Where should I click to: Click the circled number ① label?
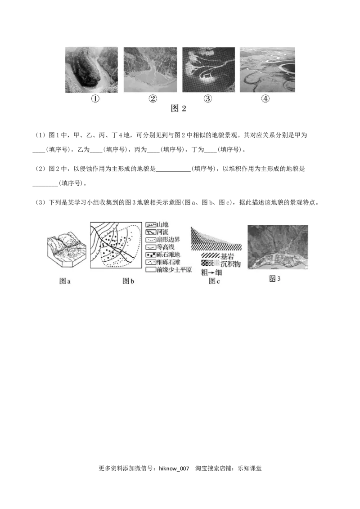(95, 99)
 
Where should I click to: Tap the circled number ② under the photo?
(153, 99)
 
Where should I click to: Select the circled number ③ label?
(208, 99)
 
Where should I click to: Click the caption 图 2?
(179, 108)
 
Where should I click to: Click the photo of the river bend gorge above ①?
(91, 70)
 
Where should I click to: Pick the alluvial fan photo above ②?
(150, 70)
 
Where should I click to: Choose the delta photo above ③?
(208, 70)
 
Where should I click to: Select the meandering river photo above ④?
(267, 70)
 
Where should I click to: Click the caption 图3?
(274, 279)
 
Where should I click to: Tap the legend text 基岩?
(227, 256)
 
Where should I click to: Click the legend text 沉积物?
(230, 264)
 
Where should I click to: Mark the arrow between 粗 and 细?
(211, 272)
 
